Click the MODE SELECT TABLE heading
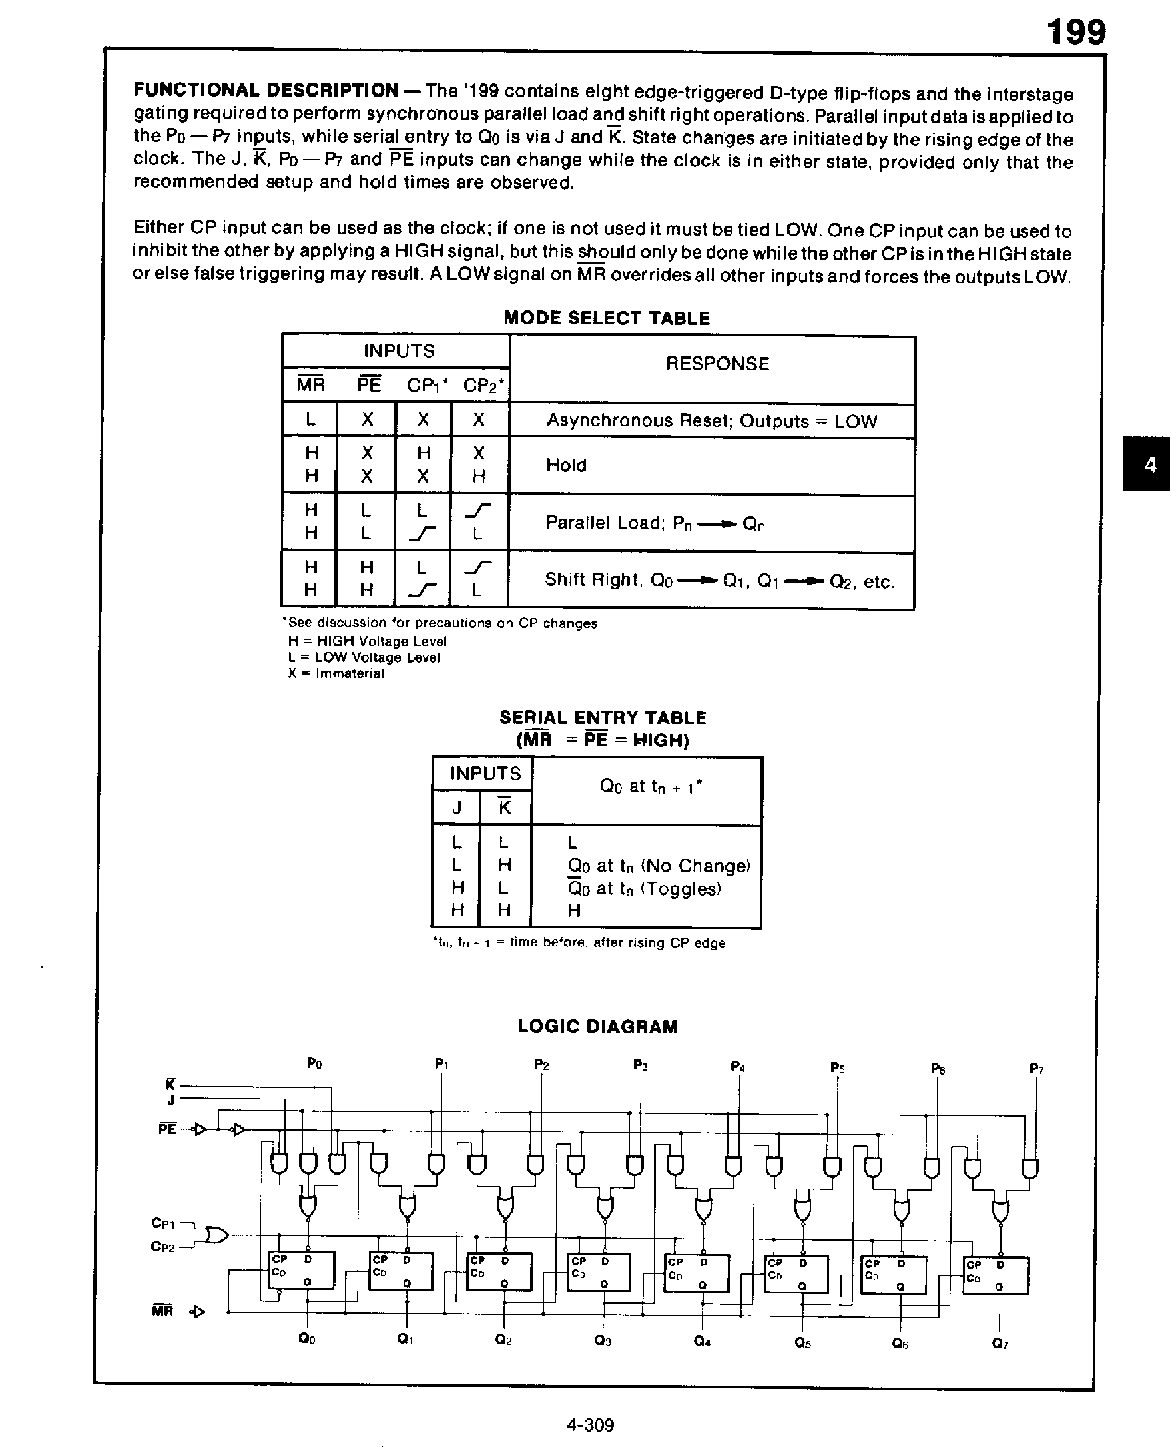(x=606, y=318)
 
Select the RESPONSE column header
(x=717, y=364)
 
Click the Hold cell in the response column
(x=566, y=465)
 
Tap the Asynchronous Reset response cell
(x=711, y=421)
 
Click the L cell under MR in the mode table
(x=310, y=420)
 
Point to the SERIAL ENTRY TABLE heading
(x=602, y=717)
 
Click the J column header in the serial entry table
(x=456, y=808)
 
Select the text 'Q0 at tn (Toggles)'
(x=644, y=888)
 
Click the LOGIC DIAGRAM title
(x=597, y=1026)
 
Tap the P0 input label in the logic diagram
(x=314, y=1064)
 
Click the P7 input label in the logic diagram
(x=1036, y=1069)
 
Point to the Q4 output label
(x=702, y=1342)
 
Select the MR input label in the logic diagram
(x=162, y=1311)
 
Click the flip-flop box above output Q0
(x=301, y=1270)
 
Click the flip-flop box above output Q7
(x=995, y=1275)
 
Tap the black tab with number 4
(x=1150, y=465)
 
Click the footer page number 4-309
(x=590, y=1425)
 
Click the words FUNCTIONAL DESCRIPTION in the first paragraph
(x=265, y=90)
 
